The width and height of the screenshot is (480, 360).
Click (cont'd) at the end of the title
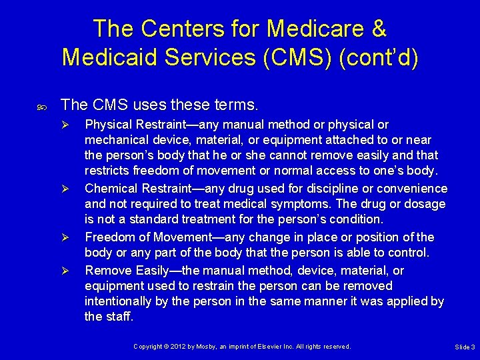[379, 57]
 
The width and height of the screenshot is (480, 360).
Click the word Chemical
[111, 189]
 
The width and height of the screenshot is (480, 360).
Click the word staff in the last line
[120, 317]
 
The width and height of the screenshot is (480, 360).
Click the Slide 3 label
[464, 347]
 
